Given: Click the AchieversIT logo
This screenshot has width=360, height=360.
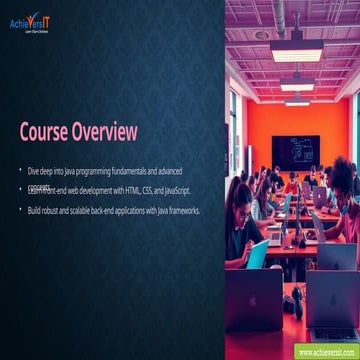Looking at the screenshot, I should tap(31, 23).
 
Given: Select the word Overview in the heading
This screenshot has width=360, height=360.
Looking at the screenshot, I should tap(104, 132).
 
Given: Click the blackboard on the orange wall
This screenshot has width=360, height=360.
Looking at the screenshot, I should tap(295, 151).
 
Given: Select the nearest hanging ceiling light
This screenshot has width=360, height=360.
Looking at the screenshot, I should tap(297, 52).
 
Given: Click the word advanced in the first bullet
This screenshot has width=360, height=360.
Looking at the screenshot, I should tap(166, 172).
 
